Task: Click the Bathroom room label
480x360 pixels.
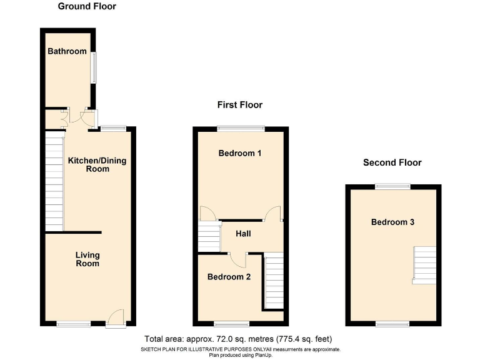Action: pos(67,51)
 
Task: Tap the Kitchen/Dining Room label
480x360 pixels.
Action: pos(97,164)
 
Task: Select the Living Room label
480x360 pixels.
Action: pos(87,259)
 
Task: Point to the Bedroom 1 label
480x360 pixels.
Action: pos(240,153)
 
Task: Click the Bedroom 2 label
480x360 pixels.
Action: pos(229,276)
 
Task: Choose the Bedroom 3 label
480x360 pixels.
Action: pos(392,222)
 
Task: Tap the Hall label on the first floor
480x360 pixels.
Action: pos(244,234)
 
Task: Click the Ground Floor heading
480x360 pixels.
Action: pos(87,7)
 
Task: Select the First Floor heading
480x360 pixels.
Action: pos(240,105)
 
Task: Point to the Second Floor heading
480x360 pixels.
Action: pos(392,162)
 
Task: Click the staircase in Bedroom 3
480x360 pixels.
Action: pos(424,264)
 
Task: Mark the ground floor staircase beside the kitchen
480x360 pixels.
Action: pos(54,181)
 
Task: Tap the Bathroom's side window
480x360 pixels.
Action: pos(94,67)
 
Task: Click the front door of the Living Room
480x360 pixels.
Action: pos(115,319)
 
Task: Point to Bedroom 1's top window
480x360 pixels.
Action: pos(241,129)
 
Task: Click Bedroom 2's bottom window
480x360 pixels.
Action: pos(232,324)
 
